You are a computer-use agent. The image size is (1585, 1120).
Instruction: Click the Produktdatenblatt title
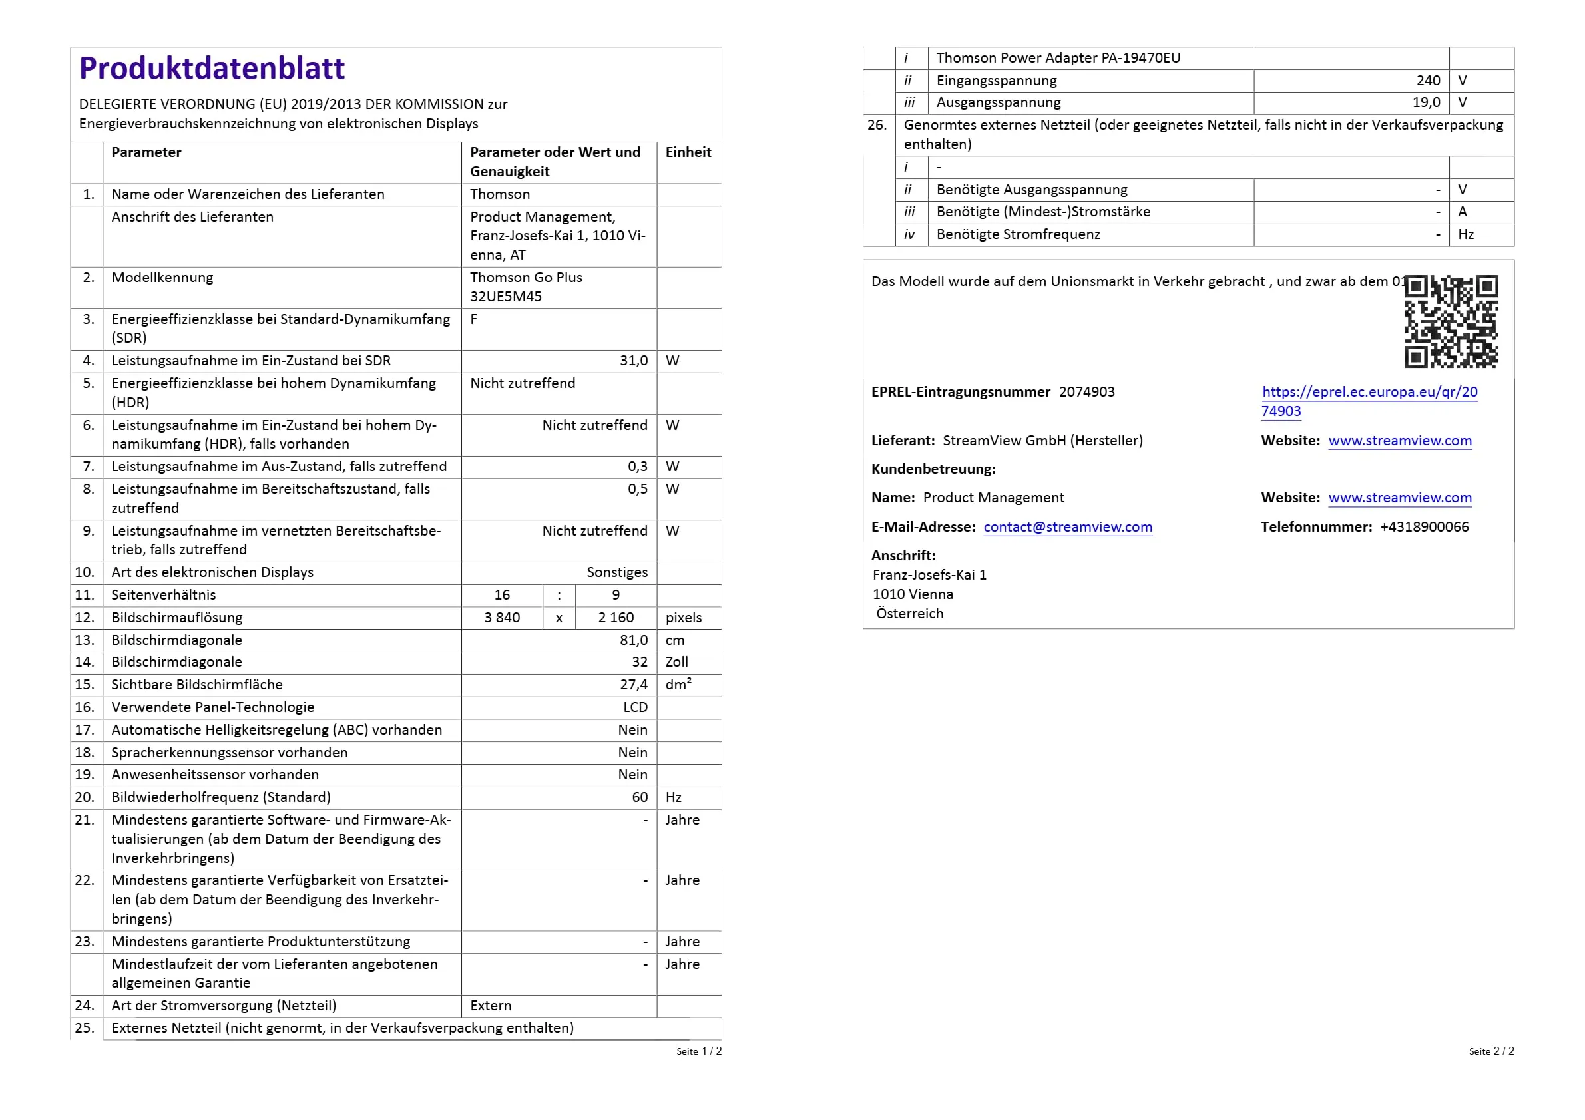[x=211, y=69]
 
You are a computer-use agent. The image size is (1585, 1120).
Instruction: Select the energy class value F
[x=473, y=319]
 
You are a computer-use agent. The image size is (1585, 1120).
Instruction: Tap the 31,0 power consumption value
[x=633, y=361]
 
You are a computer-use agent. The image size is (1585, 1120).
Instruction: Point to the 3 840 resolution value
[x=502, y=618]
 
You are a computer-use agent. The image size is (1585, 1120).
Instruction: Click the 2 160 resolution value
[x=616, y=618]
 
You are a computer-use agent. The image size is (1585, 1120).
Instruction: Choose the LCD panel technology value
[x=635, y=707]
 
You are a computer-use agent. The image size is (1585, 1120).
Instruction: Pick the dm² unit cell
[x=678, y=685]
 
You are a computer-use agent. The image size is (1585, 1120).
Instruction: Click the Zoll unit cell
[x=676, y=662]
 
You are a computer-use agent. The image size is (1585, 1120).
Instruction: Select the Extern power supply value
[x=491, y=1006]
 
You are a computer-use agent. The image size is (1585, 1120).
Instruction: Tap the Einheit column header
[x=688, y=152]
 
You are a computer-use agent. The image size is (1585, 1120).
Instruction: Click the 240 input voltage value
[x=1428, y=81]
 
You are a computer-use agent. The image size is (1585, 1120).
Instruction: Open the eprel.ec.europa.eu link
[x=1369, y=393]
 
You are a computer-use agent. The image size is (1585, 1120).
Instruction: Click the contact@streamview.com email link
[x=1067, y=527]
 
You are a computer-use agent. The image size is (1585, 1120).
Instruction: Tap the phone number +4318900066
[x=1423, y=527]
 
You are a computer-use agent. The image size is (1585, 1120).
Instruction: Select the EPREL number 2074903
[x=1086, y=392]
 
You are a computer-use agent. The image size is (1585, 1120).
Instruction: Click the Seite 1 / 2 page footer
[x=698, y=1051]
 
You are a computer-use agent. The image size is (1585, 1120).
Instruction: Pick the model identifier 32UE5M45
[x=506, y=297]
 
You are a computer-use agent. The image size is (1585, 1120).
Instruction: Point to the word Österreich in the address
[x=909, y=614]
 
